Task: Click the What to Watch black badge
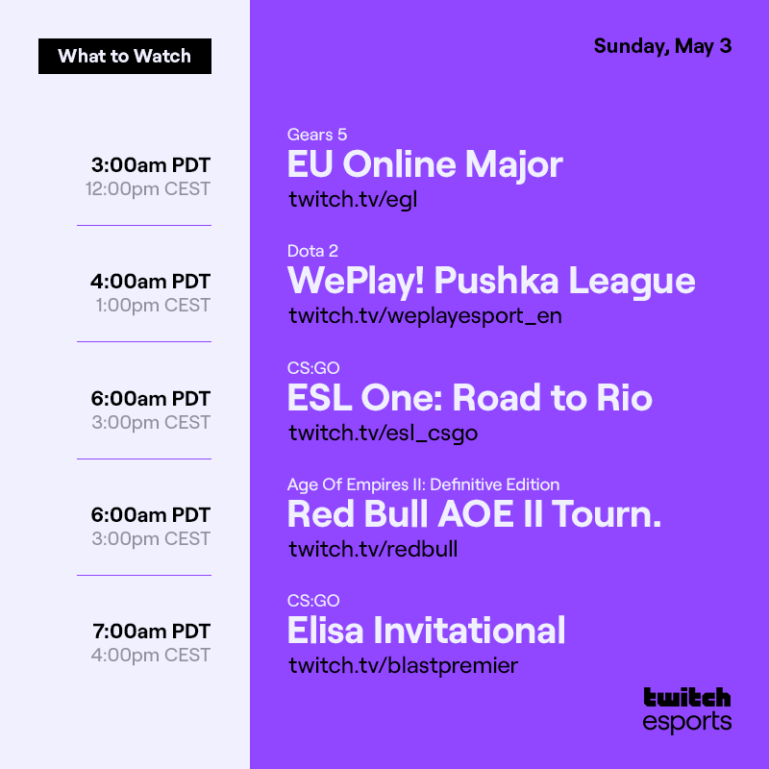[125, 56]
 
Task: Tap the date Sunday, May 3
[662, 46]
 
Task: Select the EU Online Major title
[425, 164]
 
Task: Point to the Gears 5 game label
[317, 135]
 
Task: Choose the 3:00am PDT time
[151, 164]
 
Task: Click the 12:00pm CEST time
[147, 188]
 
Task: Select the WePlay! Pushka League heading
[491, 281]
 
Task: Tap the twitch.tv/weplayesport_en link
[425, 315]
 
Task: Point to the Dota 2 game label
[312, 251]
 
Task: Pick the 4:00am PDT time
[151, 282]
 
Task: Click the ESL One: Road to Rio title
[470, 397]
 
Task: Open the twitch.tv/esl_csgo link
[383, 433]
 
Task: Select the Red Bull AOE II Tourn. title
[475, 514]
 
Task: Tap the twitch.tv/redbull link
[373, 549]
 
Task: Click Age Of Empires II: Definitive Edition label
[423, 484]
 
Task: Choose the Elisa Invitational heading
[426, 631]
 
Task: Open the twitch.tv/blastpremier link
[403, 665]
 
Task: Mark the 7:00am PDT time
[152, 632]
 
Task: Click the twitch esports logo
[687, 709]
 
